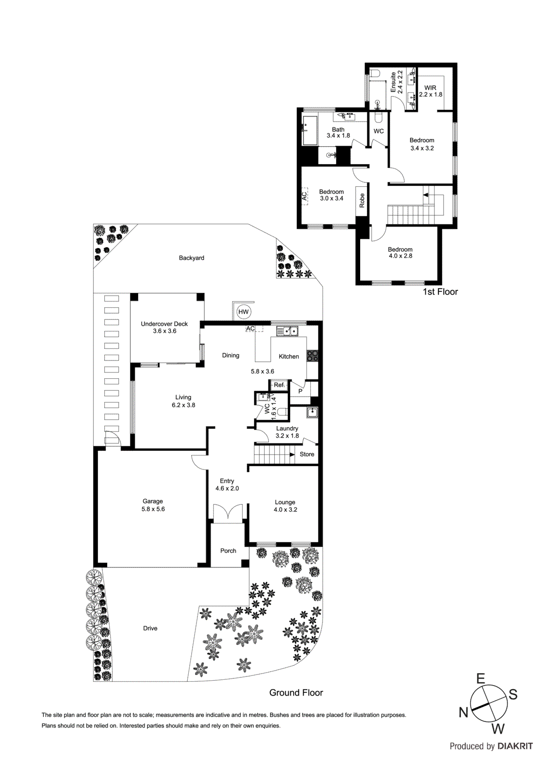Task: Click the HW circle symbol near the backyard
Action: (243, 312)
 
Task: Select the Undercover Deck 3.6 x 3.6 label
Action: (164, 327)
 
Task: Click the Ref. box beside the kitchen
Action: (279, 385)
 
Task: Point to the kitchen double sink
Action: (287, 331)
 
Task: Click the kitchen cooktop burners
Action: (312, 356)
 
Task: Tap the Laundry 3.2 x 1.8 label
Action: (287, 432)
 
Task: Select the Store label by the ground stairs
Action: (307, 455)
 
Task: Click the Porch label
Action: (228, 551)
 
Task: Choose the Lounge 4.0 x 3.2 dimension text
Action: (285, 510)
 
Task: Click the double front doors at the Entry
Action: (227, 513)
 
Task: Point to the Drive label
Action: (150, 628)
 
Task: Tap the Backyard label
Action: (191, 258)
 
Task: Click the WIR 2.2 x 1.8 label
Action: (430, 91)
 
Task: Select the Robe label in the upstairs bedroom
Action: (362, 200)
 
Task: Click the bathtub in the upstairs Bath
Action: (309, 130)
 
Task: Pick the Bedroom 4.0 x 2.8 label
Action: (400, 253)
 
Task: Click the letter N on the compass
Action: (463, 712)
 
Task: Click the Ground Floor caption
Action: (296, 693)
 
